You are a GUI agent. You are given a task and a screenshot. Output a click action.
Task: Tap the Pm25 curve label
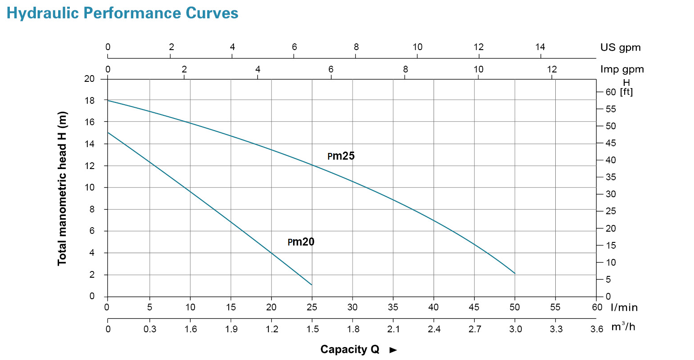pos(341,156)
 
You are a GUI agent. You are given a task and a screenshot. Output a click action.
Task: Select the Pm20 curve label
pos(301,242)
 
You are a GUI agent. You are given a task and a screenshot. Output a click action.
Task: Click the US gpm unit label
pos(620,47)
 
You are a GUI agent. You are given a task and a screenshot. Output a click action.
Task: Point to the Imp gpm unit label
pos(622,69)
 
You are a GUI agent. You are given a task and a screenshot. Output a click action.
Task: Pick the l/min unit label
pos(624,307)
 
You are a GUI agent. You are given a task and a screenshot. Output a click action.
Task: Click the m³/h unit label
pos(623,327)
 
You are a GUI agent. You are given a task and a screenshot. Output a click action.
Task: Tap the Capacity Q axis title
pos(349,349)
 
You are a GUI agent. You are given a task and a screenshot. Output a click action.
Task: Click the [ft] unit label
pos(626,92)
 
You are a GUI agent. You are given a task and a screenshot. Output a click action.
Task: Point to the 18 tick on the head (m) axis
pos(89,101)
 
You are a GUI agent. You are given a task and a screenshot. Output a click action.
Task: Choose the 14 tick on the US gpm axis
pos(540,47)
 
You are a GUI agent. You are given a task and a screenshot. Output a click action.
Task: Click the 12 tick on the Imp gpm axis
pos(552,69)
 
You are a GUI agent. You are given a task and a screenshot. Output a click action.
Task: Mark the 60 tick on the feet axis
pos(611,92)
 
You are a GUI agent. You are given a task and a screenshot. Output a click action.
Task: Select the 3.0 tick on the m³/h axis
pos(515,329)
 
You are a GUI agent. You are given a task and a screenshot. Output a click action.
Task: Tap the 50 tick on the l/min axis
pos(515,307)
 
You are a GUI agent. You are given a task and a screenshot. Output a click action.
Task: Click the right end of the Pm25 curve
pos(515,273)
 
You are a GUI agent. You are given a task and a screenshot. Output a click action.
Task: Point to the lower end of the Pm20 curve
pos(311,284)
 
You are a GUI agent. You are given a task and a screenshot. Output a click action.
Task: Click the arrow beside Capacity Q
pos(393,350)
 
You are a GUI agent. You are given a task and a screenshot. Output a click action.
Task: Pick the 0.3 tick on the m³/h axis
pos(150,329)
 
